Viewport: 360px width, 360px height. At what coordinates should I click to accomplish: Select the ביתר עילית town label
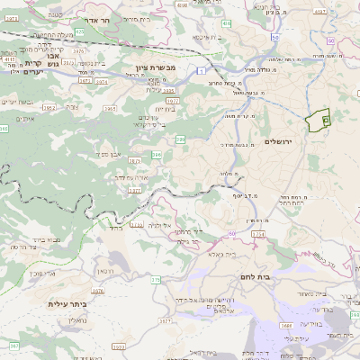(x=67, y=304)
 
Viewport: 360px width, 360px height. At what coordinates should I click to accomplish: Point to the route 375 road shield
(x=155, y=280)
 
